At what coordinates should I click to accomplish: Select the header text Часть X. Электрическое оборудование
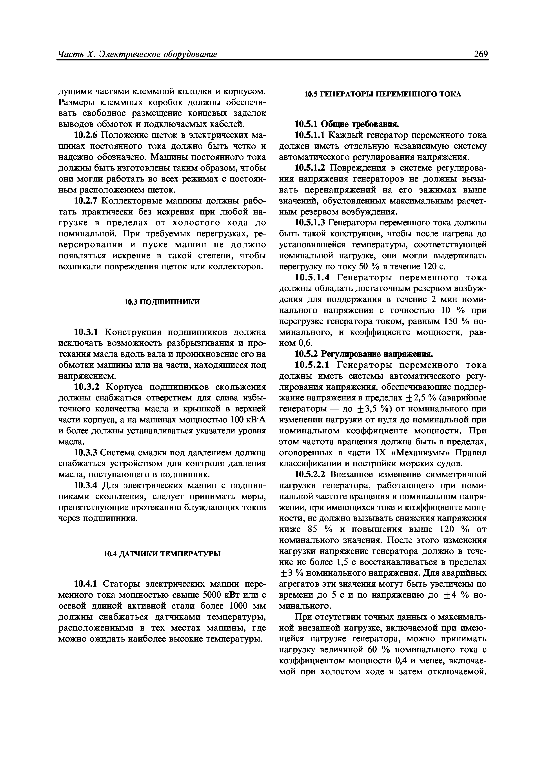(137, 54)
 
